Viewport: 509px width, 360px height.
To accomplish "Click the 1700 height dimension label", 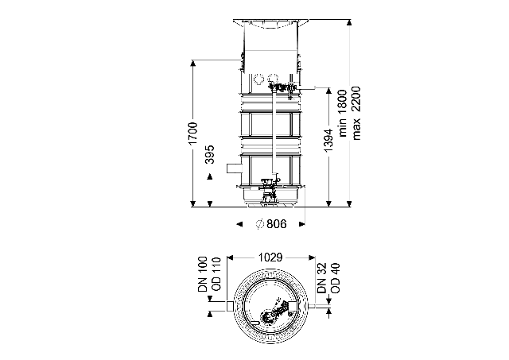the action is [x=192, y=134].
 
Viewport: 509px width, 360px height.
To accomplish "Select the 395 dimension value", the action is [x=210, y=154].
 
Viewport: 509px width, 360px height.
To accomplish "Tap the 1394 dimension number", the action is [x=328, y=140].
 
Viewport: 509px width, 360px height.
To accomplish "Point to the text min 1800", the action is [x=343, y=113].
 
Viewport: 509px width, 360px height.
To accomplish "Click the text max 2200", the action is [x=356, y=113].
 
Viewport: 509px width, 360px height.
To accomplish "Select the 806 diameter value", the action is [x=277, y=224].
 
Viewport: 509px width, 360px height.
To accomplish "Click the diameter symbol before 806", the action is [x=260, y=224].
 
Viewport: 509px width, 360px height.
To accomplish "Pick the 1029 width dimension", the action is [x=270, y=257].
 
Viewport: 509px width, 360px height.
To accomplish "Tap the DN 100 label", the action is [x=203, y=274].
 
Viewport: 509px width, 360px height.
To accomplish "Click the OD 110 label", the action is [x=216, y=274].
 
